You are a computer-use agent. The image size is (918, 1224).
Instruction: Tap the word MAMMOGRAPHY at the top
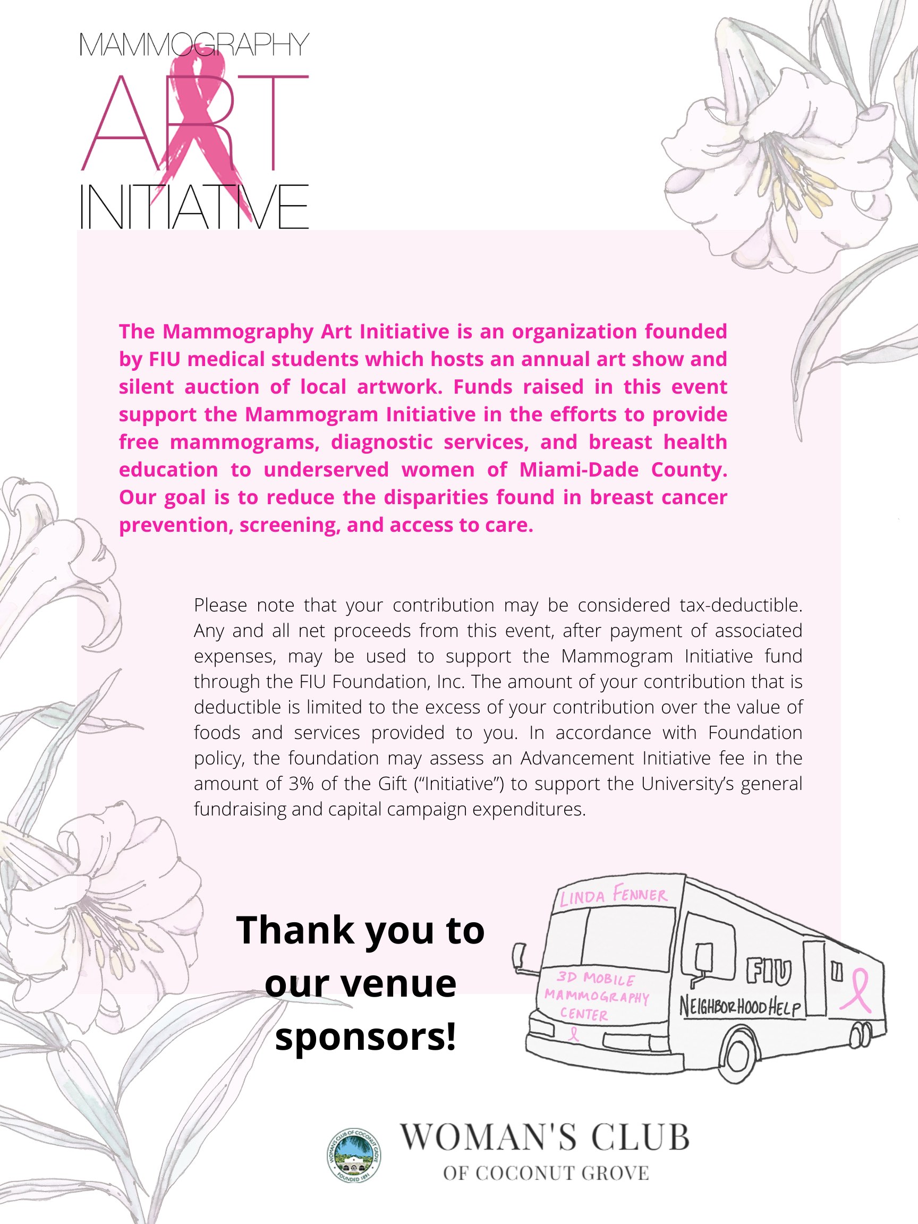(194, 45)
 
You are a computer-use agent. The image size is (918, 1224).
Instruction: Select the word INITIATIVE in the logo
(194, 207)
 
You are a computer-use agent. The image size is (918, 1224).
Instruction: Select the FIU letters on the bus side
(769, 972)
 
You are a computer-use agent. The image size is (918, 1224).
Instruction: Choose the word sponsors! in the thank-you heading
(365, 1036)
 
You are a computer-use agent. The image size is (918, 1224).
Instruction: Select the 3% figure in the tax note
(301, 784)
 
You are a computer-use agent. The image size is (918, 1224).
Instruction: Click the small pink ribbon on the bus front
(574, 1033)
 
